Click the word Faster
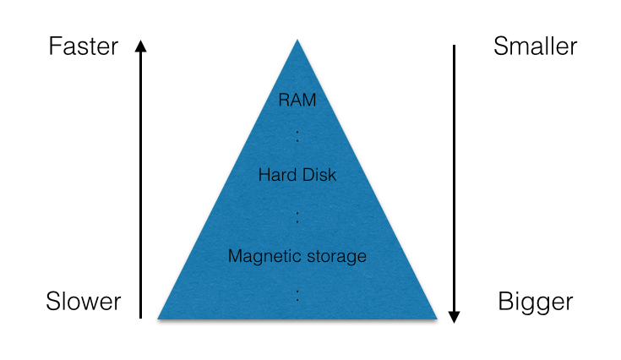pyautogui.click(x=83, y=46)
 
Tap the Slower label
pyautogui.click(x=83, y=301)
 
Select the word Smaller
pyautogui.click(x=535, y=46)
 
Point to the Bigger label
pyautogui.click(x=536, y=302)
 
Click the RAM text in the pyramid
pyautogui.click(x=297, y=100)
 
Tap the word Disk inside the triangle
pyautogui.click(x=317, y=176)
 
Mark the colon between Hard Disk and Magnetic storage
pyautogui.click(x=297, y=216)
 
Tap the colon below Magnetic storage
pyautogui.click(x=297, y=294)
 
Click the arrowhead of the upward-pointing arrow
pyautogui.click(x=141, y=46)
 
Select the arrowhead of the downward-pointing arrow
pyautogui.click(x=454, y=316)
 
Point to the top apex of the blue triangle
pyautogui.click(x=297, y=41)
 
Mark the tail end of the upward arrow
pyautogui.click(x=141, y=317)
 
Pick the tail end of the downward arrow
pyautogui.click(x=454, y=46)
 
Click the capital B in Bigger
pyautogui.click(x=505, y=301)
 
